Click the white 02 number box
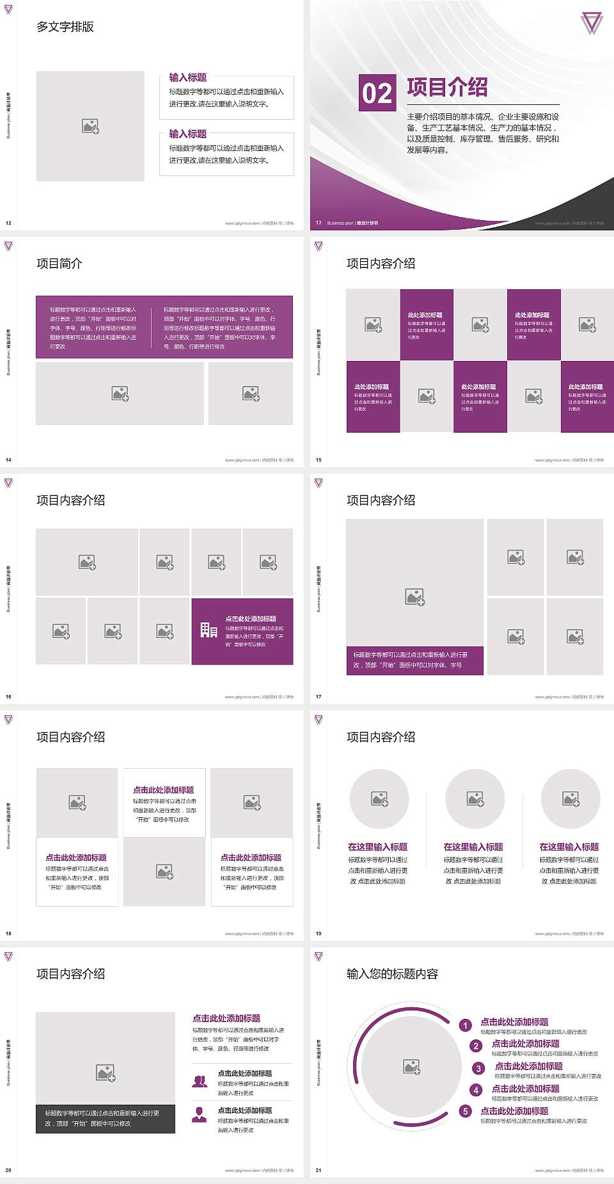pos(377,93)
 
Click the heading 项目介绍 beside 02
pos(447,87)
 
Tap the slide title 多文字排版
pos(65,27)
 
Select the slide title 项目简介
pos(59,264)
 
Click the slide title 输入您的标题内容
pos(392,974)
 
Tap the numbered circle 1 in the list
pos(466,1025)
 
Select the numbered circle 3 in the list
pos(478,1068)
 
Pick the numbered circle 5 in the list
pos(466,1111)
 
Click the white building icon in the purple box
pos(209,630)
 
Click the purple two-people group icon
pos(200,1081)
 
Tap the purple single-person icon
pos(200,1114)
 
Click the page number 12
pos(8,223)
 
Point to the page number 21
pos(319,1171)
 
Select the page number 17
pos(319,697)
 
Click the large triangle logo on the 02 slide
pos(592,23)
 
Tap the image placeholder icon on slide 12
pos(90,126)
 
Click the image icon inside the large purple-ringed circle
pos(412,1066)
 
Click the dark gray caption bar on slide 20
pos(106,1119)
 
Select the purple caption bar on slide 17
pos(414,660)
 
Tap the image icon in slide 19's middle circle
pos(475,799)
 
